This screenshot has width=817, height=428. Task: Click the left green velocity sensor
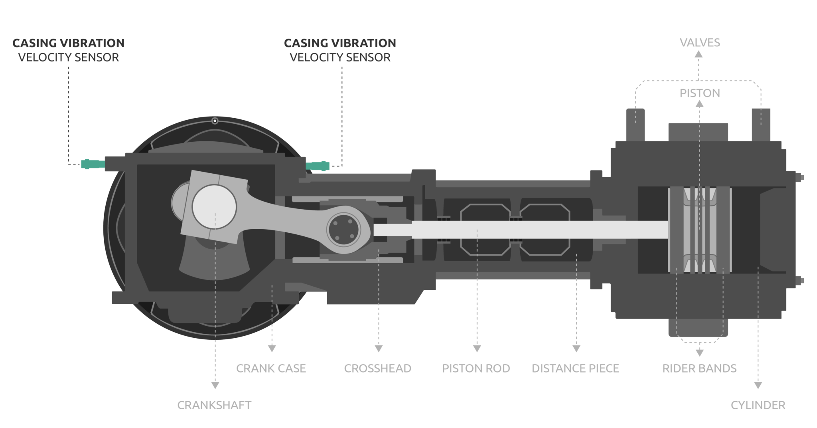pos(93,164)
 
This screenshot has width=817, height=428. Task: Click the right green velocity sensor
pos(318,166)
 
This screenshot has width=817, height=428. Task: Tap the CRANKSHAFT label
pos(214,405)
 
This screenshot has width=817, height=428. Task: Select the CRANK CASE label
pos(271,368)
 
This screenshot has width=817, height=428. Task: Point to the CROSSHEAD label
pos(377,368)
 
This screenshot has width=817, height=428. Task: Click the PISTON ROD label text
pos(476,368)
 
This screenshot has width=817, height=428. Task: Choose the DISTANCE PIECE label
pos(575,368)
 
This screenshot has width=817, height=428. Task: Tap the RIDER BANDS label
pos(699,368)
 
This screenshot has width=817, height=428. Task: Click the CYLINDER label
pos(758,405)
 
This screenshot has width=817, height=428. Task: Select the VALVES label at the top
pos(700,42)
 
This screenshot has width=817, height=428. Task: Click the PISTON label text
pos(700,93)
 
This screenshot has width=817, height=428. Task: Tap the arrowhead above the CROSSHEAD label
pos(379,349)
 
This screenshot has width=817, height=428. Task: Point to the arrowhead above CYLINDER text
pos(758,385)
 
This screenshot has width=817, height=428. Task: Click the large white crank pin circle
pos(214,207)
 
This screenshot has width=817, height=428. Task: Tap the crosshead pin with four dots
pos(343,230)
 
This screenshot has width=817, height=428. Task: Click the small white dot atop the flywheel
pos(215,121)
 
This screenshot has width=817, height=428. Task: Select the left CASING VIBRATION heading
pos(68,43)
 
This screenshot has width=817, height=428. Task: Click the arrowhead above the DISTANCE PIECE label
pos(576,349)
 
